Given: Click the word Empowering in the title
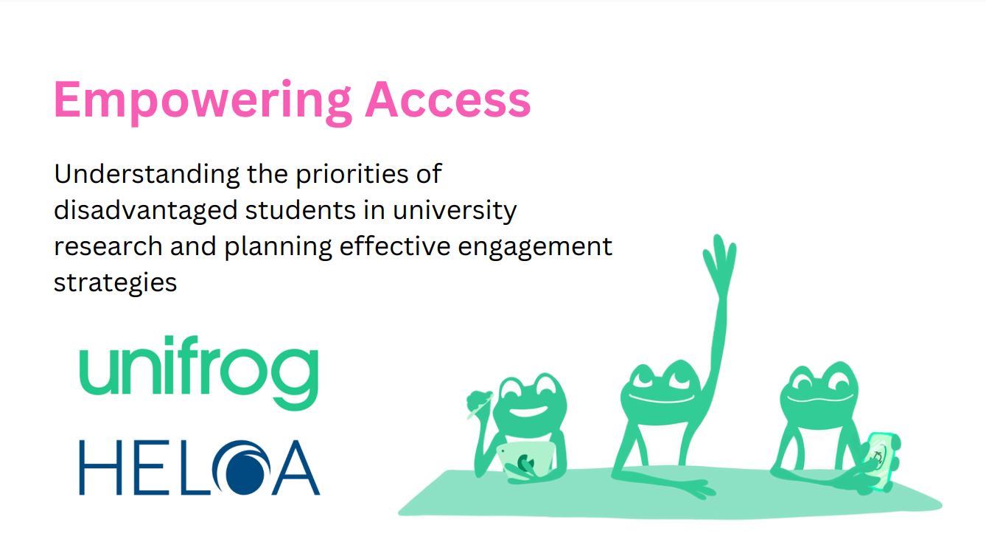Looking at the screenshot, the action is [x=203, y=102].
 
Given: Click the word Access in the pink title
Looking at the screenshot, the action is [x=448, y=100].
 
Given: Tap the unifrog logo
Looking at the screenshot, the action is [x=199, y=373].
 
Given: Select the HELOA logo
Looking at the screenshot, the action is [x=200, y=467].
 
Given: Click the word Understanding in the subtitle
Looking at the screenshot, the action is [x=147, y=175].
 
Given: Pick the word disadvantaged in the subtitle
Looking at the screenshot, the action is [x=146, y=211].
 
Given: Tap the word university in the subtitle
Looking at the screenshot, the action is [x=455, y=211].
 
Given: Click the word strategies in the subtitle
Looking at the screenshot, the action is [x=115, y=283].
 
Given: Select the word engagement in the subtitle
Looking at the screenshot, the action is [x=535, y=247].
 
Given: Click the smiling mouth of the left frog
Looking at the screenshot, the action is [x=525, y=412].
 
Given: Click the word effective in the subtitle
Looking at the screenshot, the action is [x=395, y=246].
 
